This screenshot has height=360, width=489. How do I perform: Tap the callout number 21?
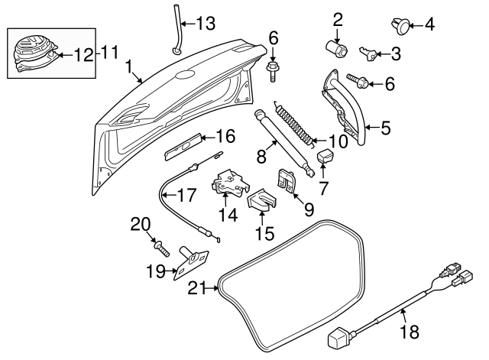click(x=196, y=288)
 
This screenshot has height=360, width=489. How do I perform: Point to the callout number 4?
click(x=429, y=25)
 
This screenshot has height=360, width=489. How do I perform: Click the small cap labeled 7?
click(x=325, y=157)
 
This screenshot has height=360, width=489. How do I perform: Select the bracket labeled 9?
click(x=286, y=181)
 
